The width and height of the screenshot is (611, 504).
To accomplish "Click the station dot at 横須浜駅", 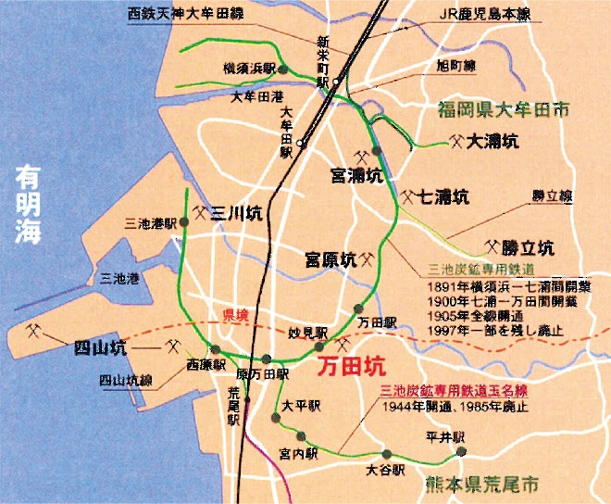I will click(284, 69).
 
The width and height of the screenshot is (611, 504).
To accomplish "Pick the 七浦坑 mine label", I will click(444, 196).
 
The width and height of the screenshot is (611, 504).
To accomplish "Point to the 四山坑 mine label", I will click(99, 348).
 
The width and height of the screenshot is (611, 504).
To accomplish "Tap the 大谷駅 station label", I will click(385, 470).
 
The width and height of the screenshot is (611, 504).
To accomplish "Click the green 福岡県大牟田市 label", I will click(504, 113).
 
